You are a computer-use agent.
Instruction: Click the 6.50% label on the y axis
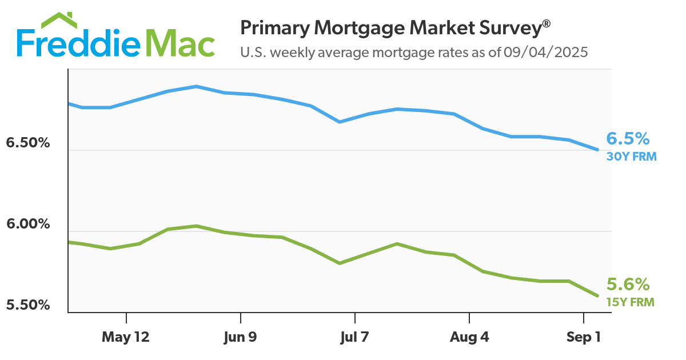(28, 143)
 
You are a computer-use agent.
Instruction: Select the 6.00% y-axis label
(28, 224)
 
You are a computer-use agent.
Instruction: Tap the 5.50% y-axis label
(28, 305)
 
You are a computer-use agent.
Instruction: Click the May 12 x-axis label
(126, 337)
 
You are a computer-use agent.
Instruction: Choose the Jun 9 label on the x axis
(240, 337)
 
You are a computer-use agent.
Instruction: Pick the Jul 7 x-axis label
(354, 337)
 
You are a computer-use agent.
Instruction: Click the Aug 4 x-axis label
(469, 337)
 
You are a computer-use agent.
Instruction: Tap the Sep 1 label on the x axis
(583, 337)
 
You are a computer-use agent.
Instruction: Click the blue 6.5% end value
(628, 139)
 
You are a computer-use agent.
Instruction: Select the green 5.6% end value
(628, 285)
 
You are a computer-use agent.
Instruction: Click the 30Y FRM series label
(631, 156)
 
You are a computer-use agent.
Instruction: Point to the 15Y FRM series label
(631, 302)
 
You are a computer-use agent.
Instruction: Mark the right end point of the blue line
(597, 150)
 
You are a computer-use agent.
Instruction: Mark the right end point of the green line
(597, 295)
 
